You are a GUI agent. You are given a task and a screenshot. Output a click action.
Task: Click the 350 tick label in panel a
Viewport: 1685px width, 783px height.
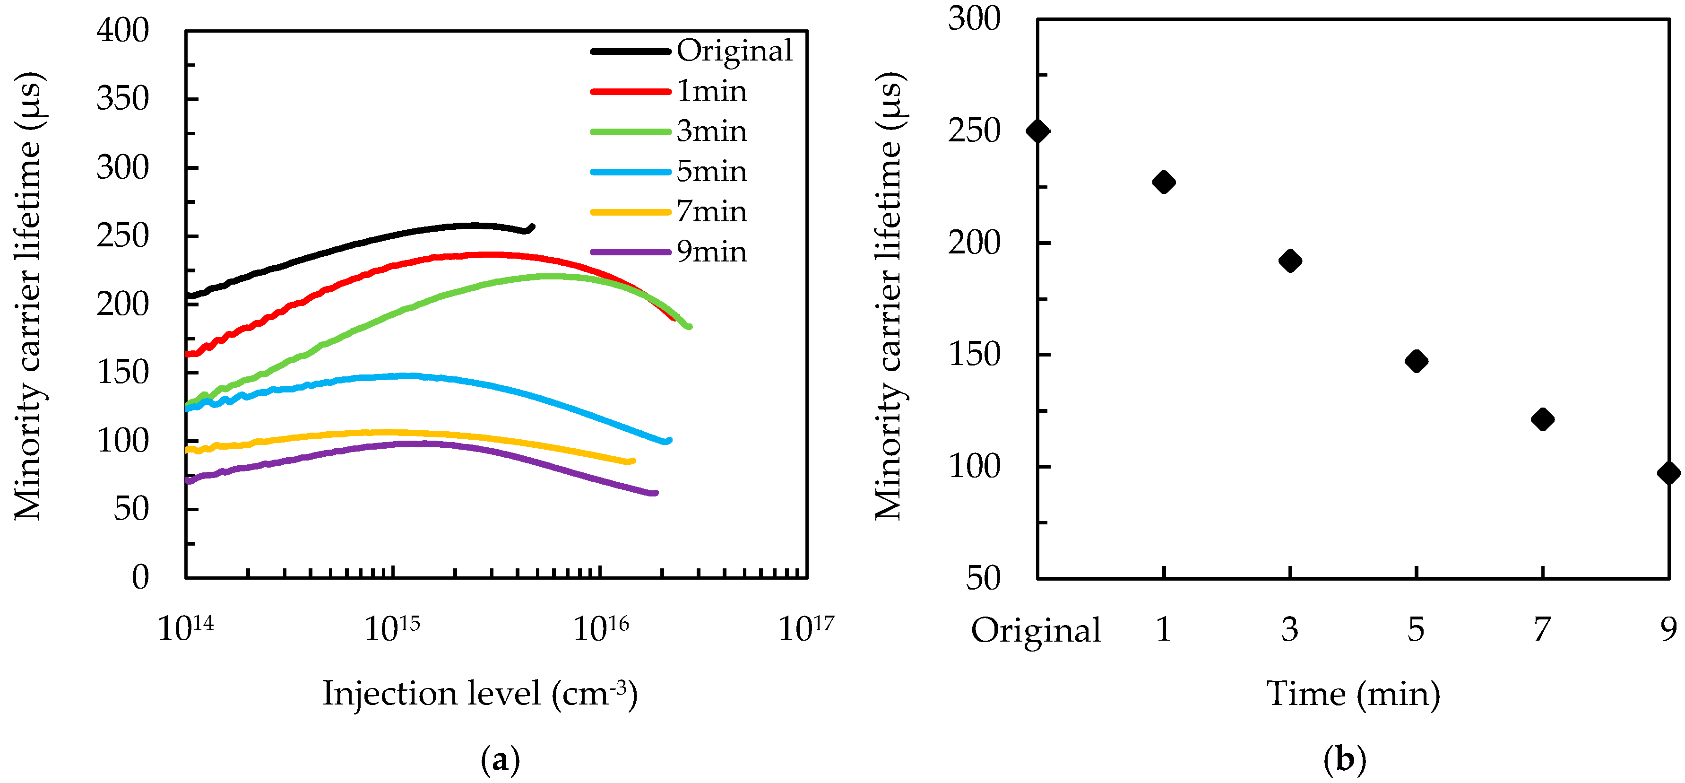122,99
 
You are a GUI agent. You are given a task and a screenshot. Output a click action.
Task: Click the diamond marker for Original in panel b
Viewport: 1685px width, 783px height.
1038,131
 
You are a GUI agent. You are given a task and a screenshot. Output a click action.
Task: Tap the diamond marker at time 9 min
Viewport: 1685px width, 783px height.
1668,472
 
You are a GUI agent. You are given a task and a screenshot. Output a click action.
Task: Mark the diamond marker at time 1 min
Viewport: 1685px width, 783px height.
1164,182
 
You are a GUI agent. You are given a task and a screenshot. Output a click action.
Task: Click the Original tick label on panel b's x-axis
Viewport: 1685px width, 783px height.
1036,630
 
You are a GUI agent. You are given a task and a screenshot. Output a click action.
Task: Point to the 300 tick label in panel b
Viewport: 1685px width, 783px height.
974,18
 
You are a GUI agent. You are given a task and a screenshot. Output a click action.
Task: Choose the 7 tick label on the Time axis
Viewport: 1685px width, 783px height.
1542,630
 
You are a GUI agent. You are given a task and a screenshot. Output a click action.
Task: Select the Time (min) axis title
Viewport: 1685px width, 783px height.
1353,693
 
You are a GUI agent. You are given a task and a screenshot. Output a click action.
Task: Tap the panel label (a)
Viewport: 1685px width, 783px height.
501,760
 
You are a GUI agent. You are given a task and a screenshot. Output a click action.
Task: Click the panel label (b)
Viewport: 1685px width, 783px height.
1344,760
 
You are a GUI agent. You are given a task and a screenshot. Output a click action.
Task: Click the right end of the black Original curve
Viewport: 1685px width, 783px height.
533,227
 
